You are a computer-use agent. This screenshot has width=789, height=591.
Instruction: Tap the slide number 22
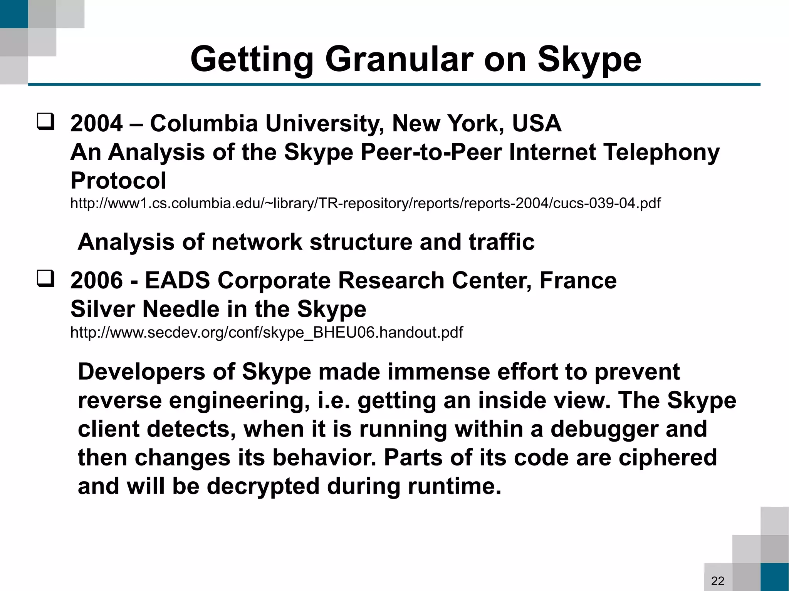(718, 581)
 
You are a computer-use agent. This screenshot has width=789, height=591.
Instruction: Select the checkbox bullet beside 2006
(45, 279)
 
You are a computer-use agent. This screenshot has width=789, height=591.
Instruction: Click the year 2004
(96, 124)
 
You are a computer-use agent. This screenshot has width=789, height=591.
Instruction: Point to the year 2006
(96, 280)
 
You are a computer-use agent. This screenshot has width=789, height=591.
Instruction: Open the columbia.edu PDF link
(365, 203)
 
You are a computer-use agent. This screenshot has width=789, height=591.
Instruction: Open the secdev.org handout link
(266, 332)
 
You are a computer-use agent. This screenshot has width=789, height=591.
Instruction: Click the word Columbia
(204, 124)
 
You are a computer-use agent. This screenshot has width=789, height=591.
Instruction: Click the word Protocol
(118, 181)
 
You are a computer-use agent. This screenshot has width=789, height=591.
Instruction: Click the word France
(578, 280)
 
